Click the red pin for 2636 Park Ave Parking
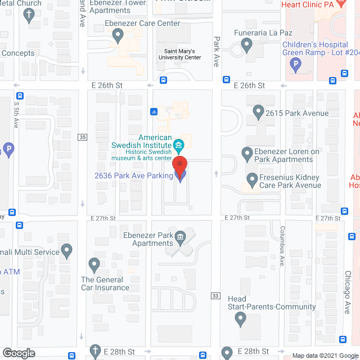coord(179,167)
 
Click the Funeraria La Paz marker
coord(246,44)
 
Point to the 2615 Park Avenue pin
coord(258,112)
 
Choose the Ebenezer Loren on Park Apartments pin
coord(247,152)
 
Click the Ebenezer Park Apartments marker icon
coord(180,236)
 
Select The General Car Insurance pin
coord(94,264)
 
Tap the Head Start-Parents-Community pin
coord(241,319)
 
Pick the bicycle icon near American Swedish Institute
coord(154,111)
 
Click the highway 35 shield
coord(83,137)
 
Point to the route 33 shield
coord(215,296)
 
